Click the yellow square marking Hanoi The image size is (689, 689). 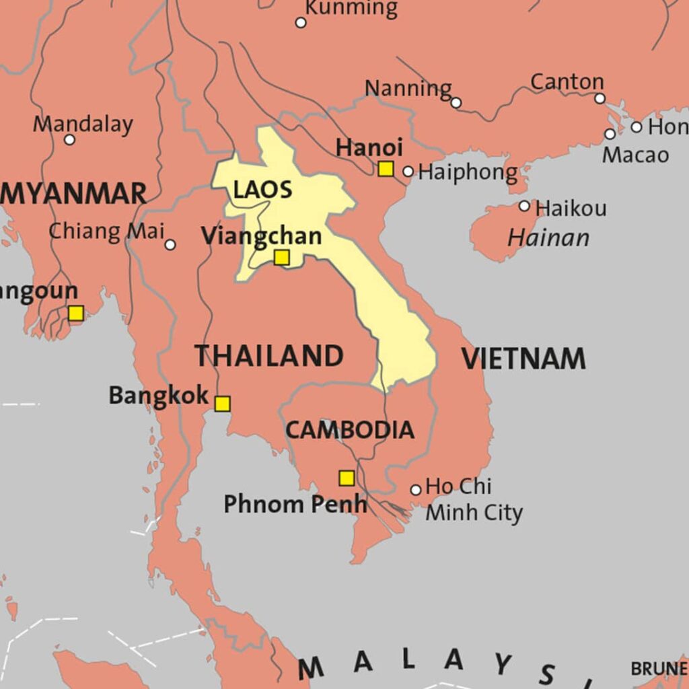tap(386, 169)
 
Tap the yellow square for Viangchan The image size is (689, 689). tap(282, 258)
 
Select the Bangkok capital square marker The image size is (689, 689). tap(222, 404)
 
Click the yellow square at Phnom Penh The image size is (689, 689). tap(347, 478)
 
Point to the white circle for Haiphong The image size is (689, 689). tap(408, 172)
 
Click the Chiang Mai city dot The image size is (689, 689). tap(170, 245)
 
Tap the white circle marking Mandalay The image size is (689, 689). tap(69, 140)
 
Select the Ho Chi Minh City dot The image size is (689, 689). tap(416, 490)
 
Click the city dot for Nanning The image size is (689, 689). tap(456, 103)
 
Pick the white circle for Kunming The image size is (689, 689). tap(301, 23)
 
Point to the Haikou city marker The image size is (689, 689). tap(524, 206)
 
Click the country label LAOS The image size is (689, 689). tap(263, 190)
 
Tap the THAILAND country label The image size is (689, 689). tap(269, 356)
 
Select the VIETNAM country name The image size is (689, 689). tap(523, 359)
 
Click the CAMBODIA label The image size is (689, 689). tap(350, 430)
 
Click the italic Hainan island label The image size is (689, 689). tap(548, 238)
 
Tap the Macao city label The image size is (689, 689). tap(635, 155)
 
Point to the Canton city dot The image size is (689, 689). tap(600, 98)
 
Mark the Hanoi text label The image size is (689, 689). tap(369, 147)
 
